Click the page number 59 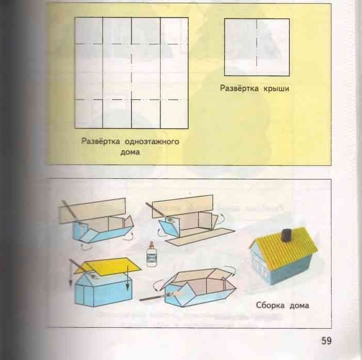(x=326, y=341)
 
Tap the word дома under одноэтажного (x=130, y=153)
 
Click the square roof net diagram (x=257, y=47)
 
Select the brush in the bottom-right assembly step (x=156, y=298)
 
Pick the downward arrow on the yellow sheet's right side (x=128, y=280)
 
